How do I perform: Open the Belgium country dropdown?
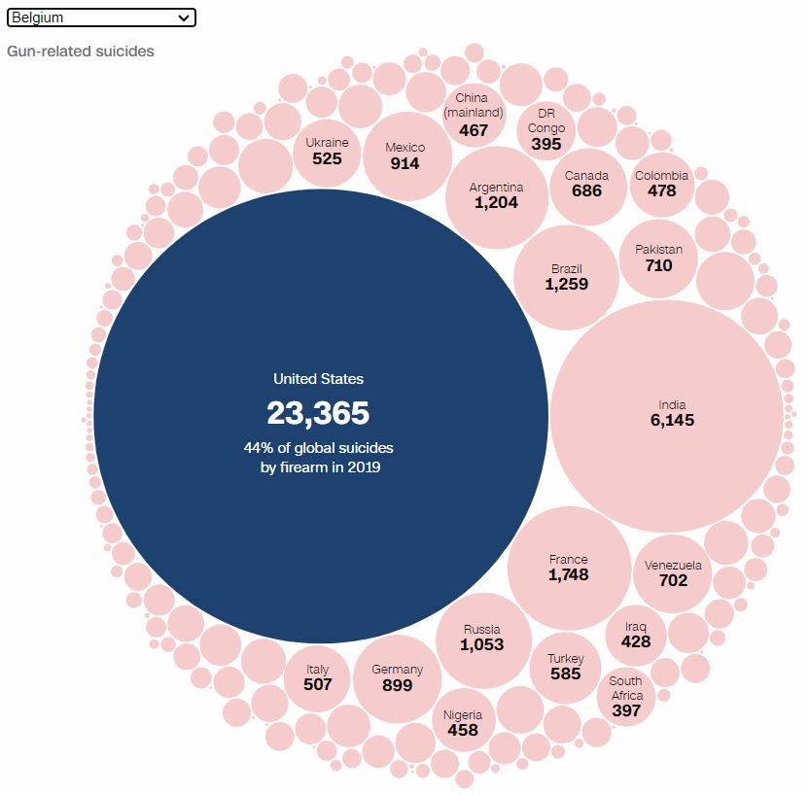tap(101, 17)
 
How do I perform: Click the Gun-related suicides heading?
tap(81, 51)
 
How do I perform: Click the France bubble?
tap(569, 568)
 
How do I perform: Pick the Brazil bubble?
tap(567, 277)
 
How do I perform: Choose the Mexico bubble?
tap(405, 156)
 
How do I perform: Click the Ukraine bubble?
tap(327, 151)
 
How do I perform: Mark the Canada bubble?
tap(587, 184)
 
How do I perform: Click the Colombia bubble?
tap(661, 184)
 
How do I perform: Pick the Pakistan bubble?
tap(658, 258)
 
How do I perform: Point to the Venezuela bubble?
tap(673, 573)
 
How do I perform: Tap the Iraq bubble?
tap(636, 635)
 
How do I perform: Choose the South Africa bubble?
tap(626, 696)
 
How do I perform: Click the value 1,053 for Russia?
tap(483, 644)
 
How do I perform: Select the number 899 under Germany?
tap(398, 685)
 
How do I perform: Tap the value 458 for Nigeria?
tap(463, 730)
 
